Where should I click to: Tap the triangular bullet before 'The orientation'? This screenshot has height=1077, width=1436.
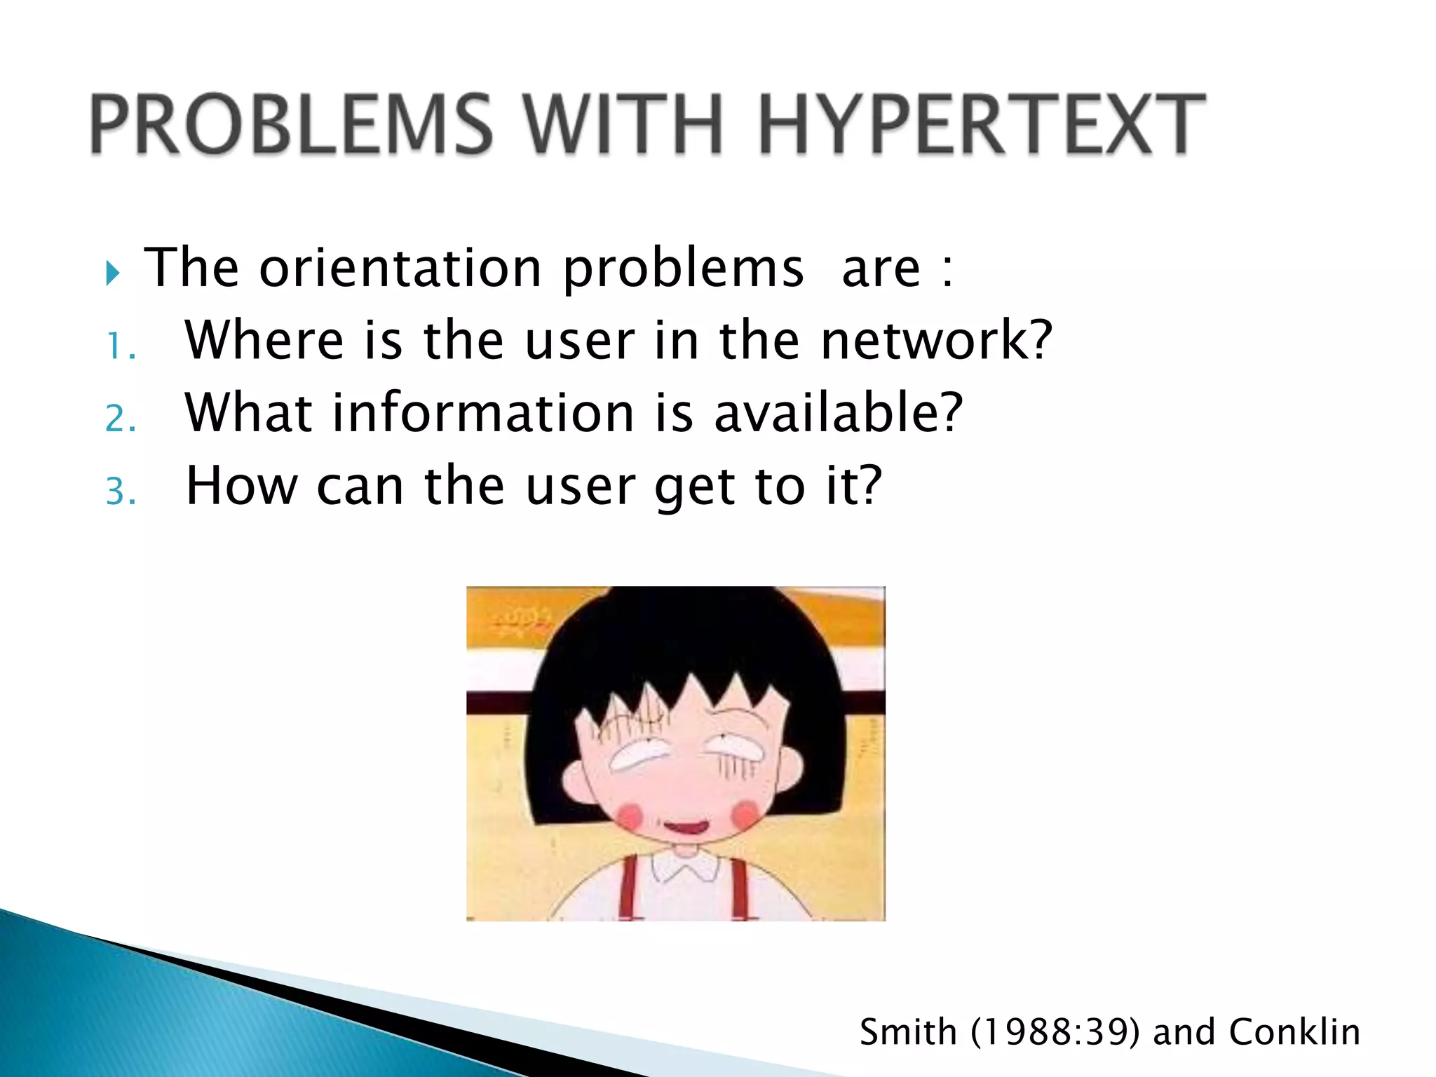(113, 273)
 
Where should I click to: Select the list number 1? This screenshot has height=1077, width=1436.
(119, 346)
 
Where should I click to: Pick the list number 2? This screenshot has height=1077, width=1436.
(120, 419)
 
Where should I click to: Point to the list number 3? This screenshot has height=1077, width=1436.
(120, 492)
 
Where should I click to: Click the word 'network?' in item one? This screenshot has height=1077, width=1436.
(936, 340)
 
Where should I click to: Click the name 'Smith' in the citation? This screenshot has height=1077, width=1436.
(908, 1031)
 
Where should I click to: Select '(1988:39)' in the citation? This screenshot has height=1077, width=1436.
(1055, 1032)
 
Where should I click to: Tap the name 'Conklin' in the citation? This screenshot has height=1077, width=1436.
(1294, 1031)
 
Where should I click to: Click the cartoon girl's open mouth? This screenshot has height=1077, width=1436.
(686, 827)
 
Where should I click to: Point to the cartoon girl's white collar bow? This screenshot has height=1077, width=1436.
(685, 868)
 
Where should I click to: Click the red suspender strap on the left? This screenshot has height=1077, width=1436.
(629, 886)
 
